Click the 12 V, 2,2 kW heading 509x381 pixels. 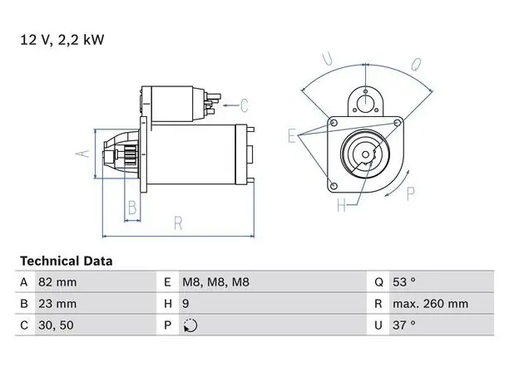tap(62, 40)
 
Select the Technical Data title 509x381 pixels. tap(67, 261)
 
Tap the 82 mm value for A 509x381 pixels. tap(57, 282)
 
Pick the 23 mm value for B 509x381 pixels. tap(57, 304)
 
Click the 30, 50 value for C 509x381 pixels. tap(56, 325)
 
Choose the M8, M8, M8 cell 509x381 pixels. tap(216, 282)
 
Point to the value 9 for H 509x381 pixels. tap(185, 304)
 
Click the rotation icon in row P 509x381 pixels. tap(190, 325)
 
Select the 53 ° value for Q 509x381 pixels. tap(404, 282)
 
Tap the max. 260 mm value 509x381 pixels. tap(431, 304)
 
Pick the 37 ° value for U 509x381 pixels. tap(404, 325)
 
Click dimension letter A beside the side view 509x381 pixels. tap(83, 154)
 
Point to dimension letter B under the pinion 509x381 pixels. tap(132, 208)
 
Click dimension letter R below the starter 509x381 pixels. tap(178, 223)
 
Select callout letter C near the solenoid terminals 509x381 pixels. tap(244, 105)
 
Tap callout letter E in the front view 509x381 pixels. tap(292, 136)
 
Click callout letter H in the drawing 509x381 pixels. tap(342, 205)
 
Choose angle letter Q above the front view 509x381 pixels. tap(416, 65)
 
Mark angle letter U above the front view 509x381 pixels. tap(327, 59)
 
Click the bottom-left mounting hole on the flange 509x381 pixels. tap(333, 186)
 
